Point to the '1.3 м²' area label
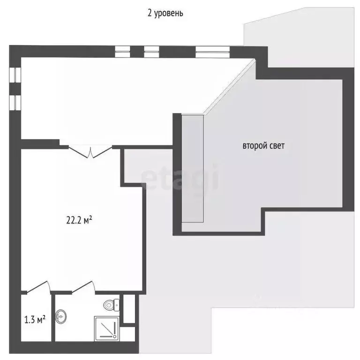click(x=34, y=321)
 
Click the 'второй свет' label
click(x=263, y=146)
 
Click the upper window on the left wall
click(x=14, y=75)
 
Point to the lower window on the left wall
click(x=14, y=102)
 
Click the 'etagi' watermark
click(x=180, y=177)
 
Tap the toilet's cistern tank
click(x=117, y=305)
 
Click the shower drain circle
click(x=114, y=336)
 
